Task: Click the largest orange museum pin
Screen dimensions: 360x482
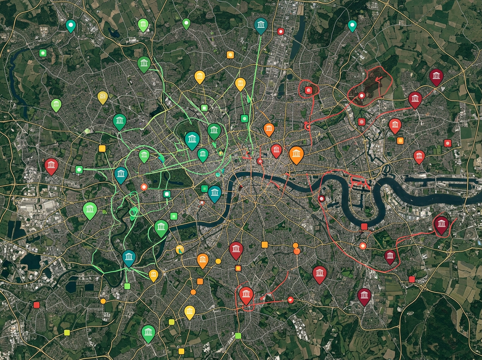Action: (x=296, y=154)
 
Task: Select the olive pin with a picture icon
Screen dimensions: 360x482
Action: (x=103, y=96)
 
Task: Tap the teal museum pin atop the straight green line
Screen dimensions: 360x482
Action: (x=261, y=25)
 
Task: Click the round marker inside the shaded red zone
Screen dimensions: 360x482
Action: (x=361, y=96)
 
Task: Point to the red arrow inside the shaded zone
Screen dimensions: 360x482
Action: (x=378, y=79)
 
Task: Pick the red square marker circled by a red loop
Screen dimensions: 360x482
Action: (x=308, y=90)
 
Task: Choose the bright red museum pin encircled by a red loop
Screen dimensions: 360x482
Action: (x=246, y=295)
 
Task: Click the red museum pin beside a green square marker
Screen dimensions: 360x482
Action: (x=51, y=166)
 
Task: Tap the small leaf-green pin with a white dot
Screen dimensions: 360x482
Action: (x=186, y=23)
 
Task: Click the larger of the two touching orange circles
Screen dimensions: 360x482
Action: (x=297, y=251)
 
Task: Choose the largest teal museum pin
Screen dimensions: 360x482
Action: (x=192, y=139)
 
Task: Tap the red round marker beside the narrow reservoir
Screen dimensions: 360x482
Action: (x=281, y=31)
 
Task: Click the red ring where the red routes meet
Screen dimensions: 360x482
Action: (x=308, y=127)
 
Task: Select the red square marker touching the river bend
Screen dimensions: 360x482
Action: (x=364, y=227)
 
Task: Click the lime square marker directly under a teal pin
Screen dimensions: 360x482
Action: (x=127, y=286)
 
